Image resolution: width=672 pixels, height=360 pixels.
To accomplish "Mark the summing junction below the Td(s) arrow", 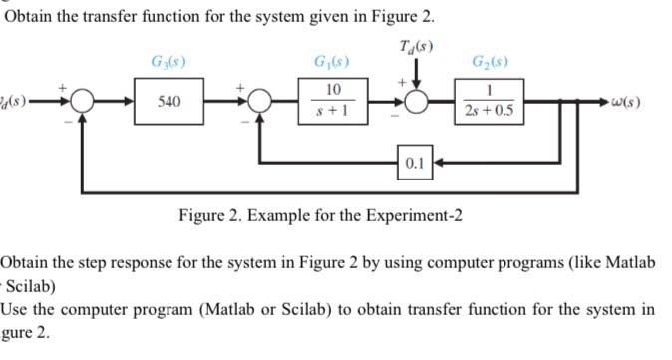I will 414,103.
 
